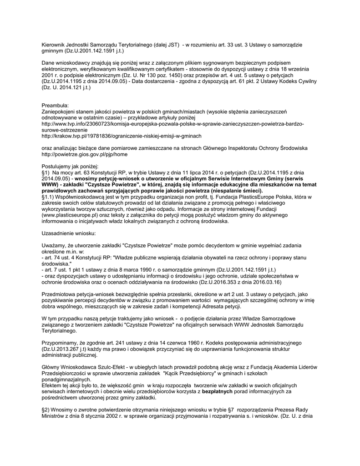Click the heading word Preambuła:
click(x=55, y=105)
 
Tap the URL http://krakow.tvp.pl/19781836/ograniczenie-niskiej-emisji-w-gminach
click(x=121, y=136)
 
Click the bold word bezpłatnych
click(x=218, y=391)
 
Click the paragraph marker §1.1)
click(x=49, y=197)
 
